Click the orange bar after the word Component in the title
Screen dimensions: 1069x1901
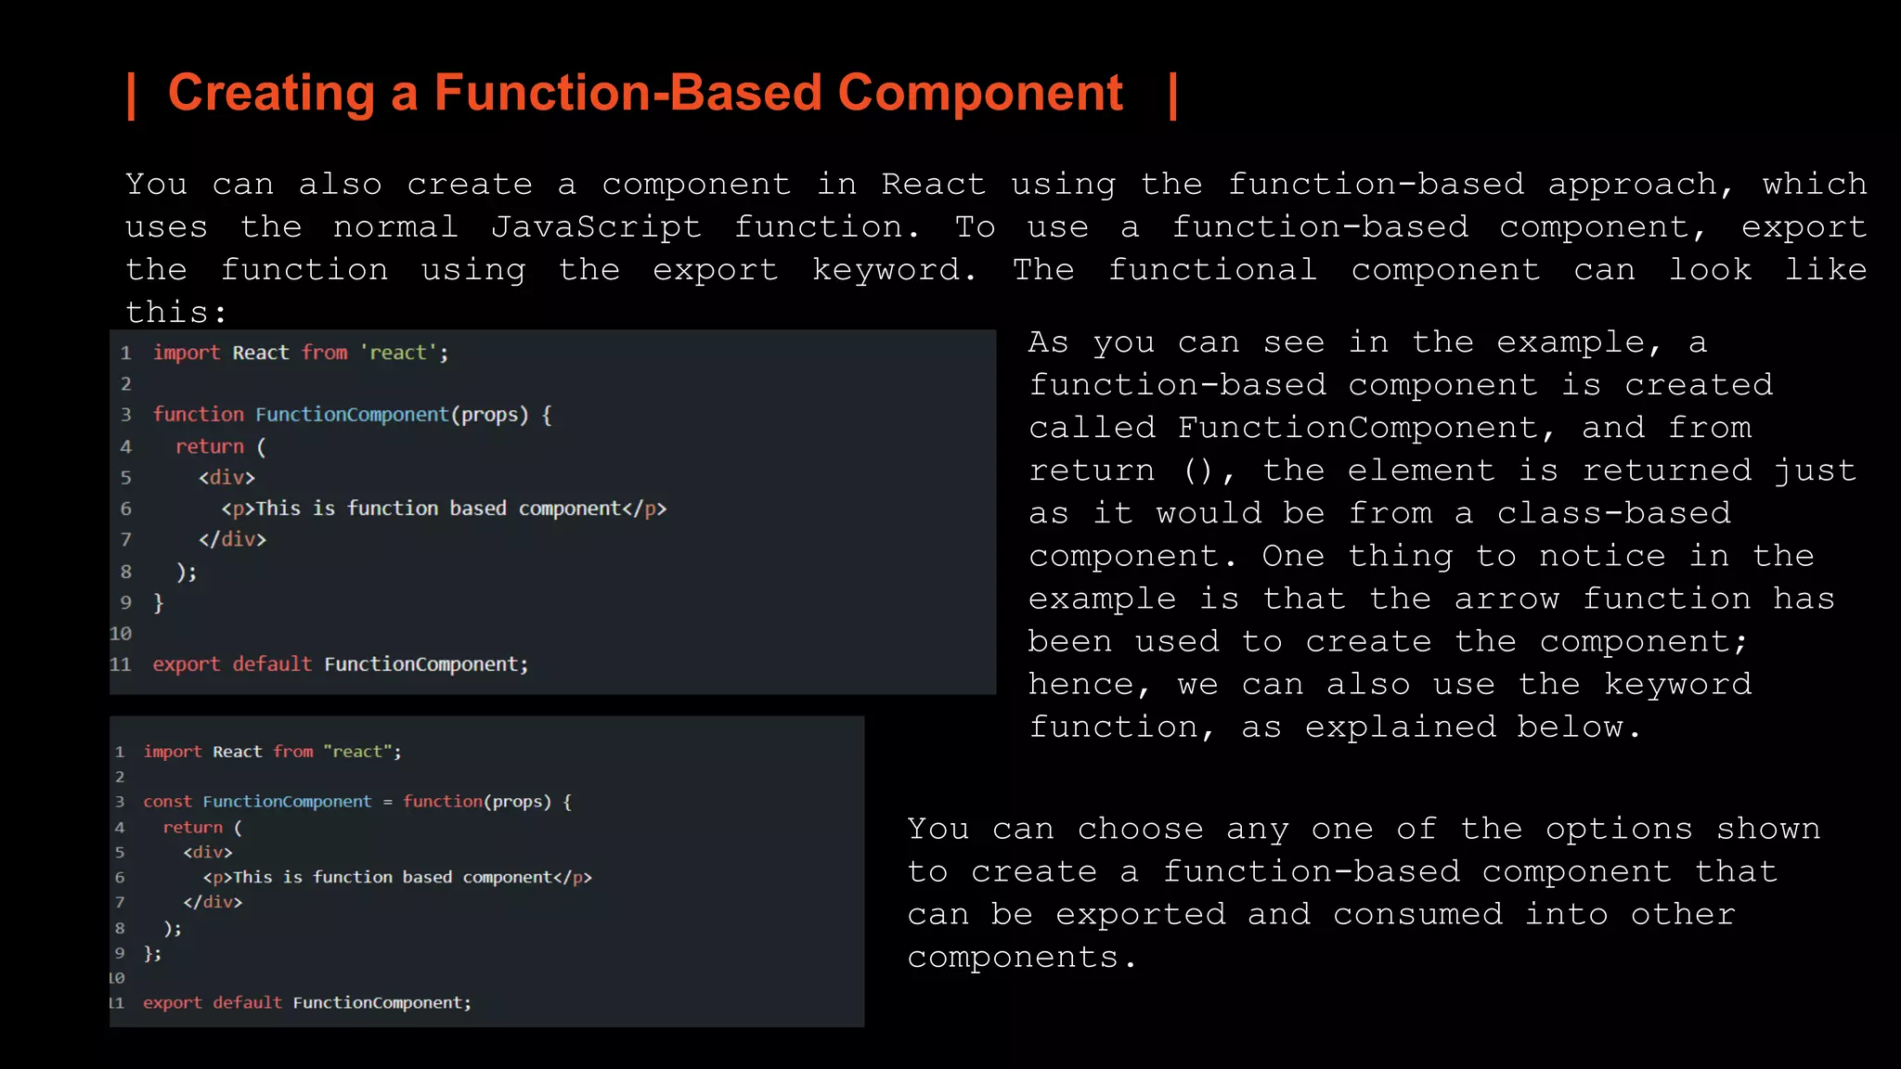1173,96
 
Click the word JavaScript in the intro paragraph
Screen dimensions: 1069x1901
596,227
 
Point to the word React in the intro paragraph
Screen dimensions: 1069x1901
933,185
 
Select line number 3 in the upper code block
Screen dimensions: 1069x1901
126,415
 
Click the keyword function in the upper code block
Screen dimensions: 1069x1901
198,415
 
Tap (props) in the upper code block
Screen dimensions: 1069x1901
489,415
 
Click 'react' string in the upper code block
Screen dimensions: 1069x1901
398,353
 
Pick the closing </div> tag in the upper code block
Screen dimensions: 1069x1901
232,539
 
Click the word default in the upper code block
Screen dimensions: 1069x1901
272,664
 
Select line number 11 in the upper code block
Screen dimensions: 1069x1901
121,664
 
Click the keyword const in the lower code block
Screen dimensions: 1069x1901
167,802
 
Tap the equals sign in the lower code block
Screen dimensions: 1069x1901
387,802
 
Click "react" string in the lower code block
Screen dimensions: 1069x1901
358,752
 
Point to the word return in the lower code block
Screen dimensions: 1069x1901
192,828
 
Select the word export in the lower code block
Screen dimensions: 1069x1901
172,1003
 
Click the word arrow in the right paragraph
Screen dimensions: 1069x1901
1506,599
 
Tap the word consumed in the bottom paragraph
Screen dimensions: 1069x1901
1417,914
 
